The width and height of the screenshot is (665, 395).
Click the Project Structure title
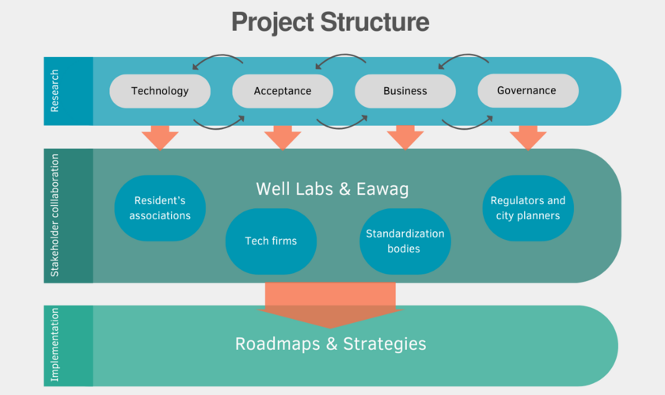click(330, 22)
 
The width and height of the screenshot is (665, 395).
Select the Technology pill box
click(160, 91)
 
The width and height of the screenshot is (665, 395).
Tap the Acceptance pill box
click(283, 91)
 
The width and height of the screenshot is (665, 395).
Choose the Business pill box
click(405, 91)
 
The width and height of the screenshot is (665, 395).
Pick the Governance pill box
click(528, 91)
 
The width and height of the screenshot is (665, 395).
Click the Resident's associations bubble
click(160, 208)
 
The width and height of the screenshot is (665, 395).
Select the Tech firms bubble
click(271, 241)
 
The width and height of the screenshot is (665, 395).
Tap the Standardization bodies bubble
click(405, 241)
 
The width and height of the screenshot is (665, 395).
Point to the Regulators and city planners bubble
click(528, 208)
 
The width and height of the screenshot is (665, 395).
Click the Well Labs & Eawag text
click(332, 189)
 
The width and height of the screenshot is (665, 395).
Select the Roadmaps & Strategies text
click(330, 344)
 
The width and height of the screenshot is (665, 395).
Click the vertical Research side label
click(55, 91)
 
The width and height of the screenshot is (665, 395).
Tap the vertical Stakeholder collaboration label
click(55, 215)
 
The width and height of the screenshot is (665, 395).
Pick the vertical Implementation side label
click(55, 344)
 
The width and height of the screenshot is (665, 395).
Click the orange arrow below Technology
click(160, 138)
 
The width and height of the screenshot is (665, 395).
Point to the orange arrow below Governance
click(528, 138)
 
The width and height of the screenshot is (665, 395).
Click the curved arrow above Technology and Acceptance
click(218, 55)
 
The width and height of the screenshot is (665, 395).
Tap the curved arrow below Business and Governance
click(466, 127)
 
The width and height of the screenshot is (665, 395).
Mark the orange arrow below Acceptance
click(283, 138)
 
